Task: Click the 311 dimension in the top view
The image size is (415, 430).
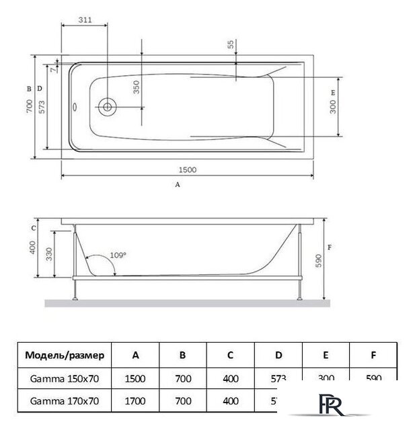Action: click(85, 19)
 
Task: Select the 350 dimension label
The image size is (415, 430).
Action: click(137, 87)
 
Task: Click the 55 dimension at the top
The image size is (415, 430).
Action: click(230, 45)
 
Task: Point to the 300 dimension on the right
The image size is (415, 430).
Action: click(333, 106)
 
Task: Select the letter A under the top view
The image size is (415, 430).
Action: click(178, 183)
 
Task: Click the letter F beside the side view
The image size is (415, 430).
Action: click(330, 247)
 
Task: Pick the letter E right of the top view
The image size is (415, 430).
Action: click(332, 91)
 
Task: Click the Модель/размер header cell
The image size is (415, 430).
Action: click(65, 355)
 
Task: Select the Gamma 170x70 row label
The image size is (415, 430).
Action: click(65, 402)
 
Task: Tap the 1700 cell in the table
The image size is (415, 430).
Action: click(135, 402)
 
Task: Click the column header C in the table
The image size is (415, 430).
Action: click(231, 355)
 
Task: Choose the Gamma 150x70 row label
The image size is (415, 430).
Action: click(65, 378)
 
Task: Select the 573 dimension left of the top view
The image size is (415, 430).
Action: click(41, 107)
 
